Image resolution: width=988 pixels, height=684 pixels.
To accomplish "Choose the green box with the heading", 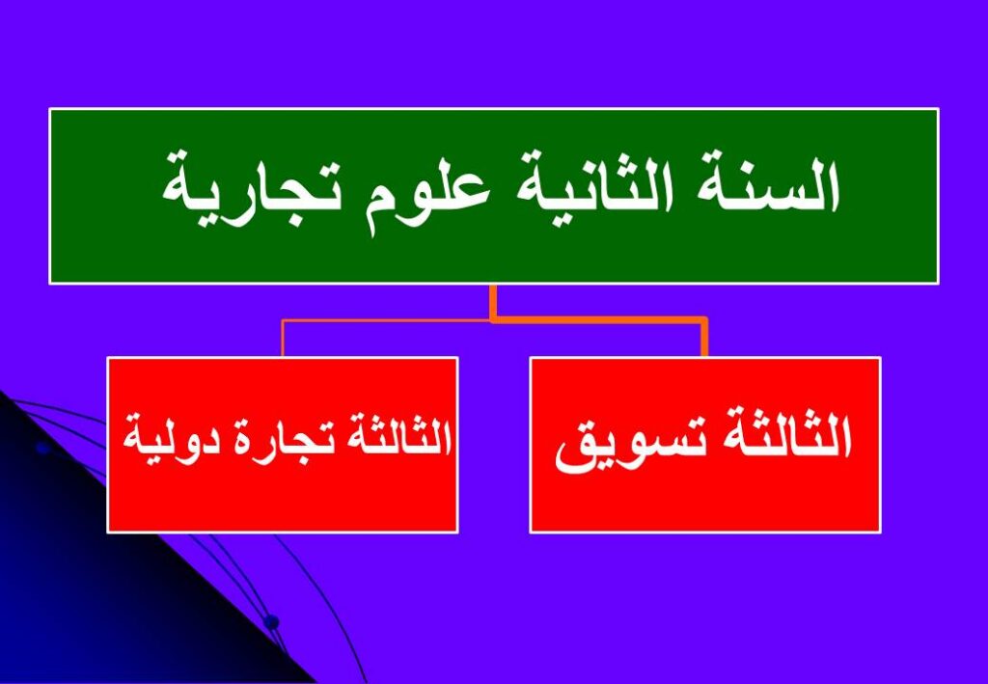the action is (494, 196).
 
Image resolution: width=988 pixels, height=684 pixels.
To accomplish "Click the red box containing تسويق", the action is (705, 445).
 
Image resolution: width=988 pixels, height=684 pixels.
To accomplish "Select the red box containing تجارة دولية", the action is (283, 445).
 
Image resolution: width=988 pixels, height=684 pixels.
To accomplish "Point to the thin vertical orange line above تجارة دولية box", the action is (283, 339).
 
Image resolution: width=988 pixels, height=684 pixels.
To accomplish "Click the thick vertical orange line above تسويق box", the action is (703, 339).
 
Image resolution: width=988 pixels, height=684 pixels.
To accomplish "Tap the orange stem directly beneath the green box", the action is (493, 302).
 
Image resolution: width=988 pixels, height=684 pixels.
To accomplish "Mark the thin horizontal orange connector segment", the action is (386, 320).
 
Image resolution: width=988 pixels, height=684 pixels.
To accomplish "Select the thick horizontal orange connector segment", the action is (598, 320).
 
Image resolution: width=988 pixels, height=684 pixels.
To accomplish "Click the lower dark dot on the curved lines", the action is (271, 622).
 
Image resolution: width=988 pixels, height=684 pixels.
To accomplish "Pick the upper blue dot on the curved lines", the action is (42, 448).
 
